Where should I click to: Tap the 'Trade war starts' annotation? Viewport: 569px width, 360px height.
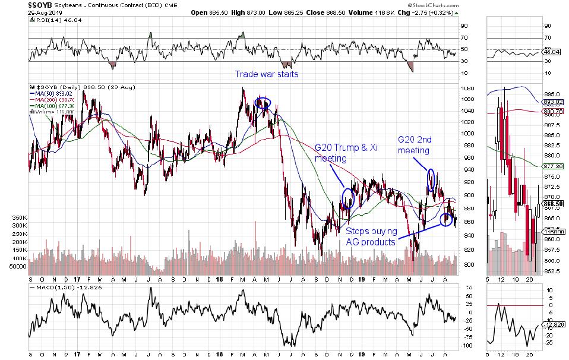(x=266, y=74)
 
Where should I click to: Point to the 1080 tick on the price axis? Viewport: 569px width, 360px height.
(x=467, y=89)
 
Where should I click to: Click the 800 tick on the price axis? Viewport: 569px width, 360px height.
(x=467, y=265)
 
